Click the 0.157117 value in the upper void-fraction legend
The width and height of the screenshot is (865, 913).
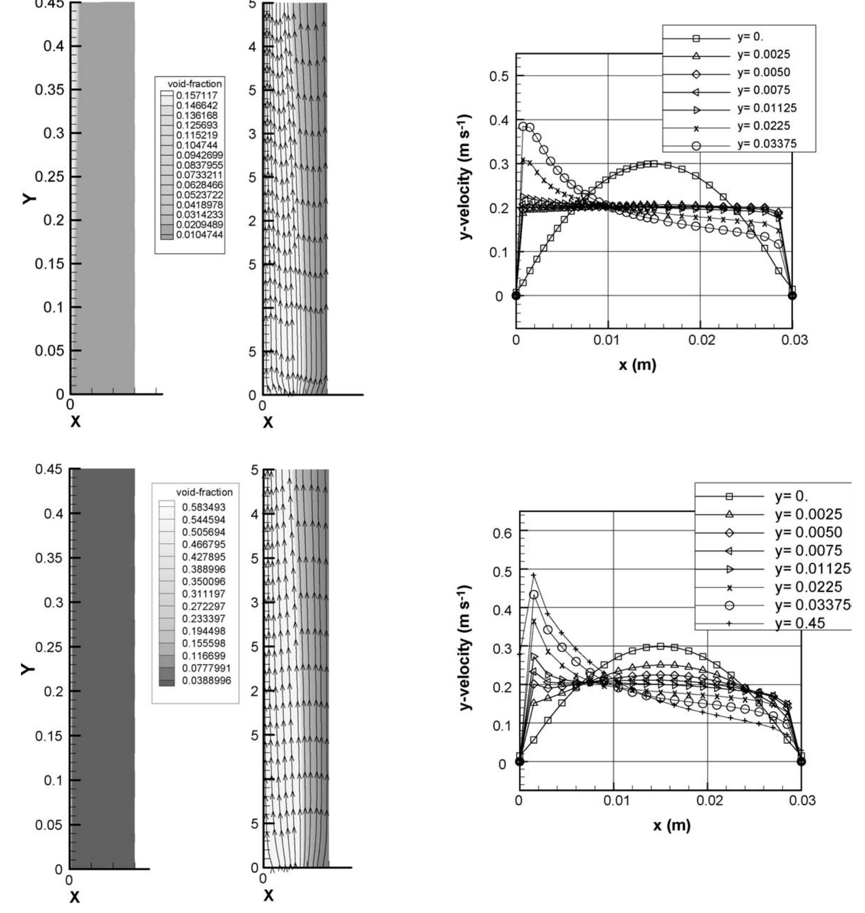pyautogui.click(x=197, y=95)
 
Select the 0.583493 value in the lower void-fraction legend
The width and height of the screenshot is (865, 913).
pyautogui.click(x=204, y=507)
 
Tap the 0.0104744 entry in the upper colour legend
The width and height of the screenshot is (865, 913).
pyautogui.click(x=199, y=234)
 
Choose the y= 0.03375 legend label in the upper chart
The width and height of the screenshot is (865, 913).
pyautogui.click(x=767, y=144)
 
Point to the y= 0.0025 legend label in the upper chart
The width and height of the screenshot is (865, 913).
pyautogui.click(x=764, y=54)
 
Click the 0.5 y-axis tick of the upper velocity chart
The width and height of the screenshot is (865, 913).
pyautogui.click(x=499, y=76)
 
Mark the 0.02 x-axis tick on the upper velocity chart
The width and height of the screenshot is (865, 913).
pyautogui.click(x=700, y=340)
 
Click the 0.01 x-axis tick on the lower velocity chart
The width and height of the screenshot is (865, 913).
pyautogui.click(x=614, y=800)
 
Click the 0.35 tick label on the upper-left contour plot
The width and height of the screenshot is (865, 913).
pyautogui.click(x=50, y=90)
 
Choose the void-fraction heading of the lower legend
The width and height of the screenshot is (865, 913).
pyautogui.click(x=204, y=492)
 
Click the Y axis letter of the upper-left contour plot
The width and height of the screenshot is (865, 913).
pyautogui.click(x=28, y=198)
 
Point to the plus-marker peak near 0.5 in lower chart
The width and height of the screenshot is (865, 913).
pyautogui.click(x=534, y=575)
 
